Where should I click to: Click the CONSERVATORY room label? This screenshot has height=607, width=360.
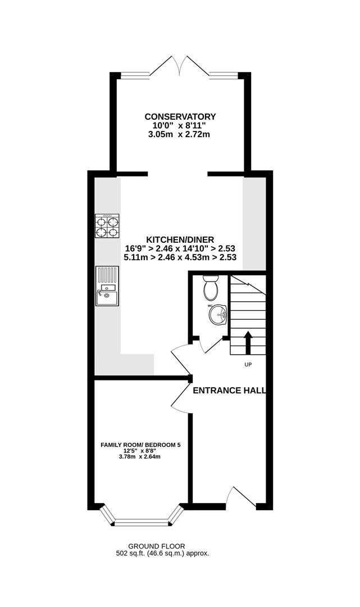[x=180, y=116]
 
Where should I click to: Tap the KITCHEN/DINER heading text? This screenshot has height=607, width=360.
[x=180, y=240]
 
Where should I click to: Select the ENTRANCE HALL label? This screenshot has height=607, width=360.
[x=229, y=390]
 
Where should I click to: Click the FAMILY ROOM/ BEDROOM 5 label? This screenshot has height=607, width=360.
[x=140, y=445]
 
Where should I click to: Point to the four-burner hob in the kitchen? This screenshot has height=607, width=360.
[x=107, y=226]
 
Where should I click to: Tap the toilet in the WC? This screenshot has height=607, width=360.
[x=211, y=288]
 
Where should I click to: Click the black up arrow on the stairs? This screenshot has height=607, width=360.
[x=248, y=342]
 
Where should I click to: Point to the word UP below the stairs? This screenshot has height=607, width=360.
[x=248, y=364]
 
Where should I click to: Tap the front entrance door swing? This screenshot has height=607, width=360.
[x=240, y=497]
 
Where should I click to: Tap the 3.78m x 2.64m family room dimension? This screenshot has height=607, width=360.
[x=140, y=456]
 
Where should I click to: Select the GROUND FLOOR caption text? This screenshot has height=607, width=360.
[x=162, y=546]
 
